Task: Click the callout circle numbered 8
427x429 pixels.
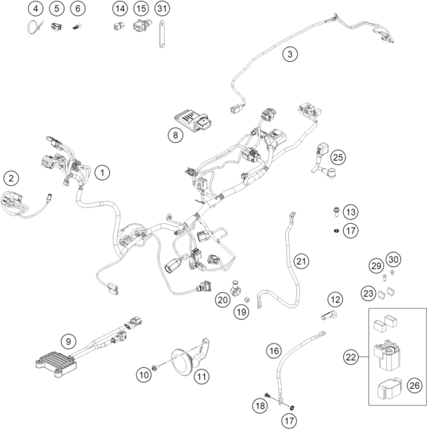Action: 175,135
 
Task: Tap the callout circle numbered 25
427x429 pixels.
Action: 338,158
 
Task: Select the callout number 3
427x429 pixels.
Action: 290,54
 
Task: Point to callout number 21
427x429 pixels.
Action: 301,261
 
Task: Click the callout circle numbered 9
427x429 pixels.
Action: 68,341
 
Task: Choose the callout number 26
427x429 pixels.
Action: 414,385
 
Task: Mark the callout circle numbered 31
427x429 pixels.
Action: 162,8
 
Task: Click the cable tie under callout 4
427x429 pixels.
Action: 35,27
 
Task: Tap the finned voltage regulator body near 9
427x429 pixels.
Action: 57,363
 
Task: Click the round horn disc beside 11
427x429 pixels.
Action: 182,362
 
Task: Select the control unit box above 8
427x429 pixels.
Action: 193,121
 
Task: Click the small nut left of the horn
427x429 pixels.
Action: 154,368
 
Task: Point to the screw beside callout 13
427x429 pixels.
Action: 336,212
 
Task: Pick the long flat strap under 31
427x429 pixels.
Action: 162,34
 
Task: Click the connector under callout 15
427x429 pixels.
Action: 142,25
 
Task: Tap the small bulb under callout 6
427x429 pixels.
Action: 77,27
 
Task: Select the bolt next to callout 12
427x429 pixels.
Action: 329,316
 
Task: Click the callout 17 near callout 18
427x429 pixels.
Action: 289,421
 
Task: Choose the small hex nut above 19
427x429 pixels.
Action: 247,300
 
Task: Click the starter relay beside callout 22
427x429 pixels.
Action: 386,355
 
